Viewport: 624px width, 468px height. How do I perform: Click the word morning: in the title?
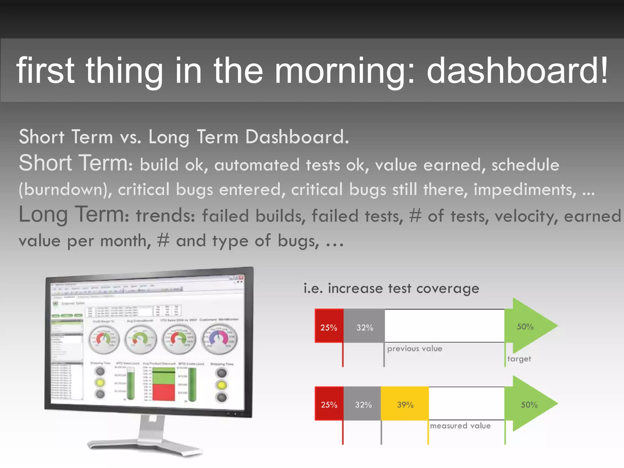344,71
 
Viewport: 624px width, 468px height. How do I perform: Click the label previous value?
414,349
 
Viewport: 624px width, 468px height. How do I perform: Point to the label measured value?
460,426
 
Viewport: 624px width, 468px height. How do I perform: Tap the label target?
519,359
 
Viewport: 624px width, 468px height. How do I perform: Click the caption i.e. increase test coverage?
391,288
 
